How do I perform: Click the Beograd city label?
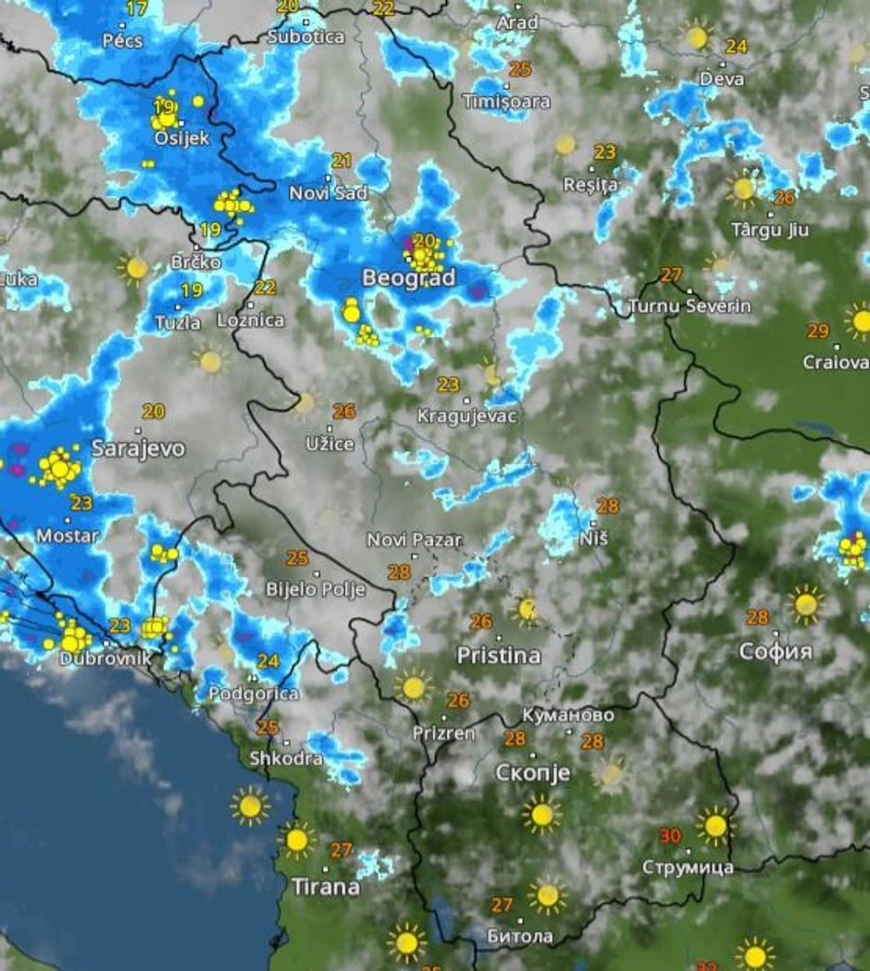(x=408, y=277)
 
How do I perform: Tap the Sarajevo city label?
(x=138, y=449)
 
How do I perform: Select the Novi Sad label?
(x=329, y=193)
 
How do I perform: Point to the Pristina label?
(x=499, y=656)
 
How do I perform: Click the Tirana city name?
(x=326, y=887)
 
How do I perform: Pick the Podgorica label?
(x=254, y=694)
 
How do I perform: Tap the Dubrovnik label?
(x=105, y=659)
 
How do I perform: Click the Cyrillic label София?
(x=776, y=652)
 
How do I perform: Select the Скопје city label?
(x=533, y=772)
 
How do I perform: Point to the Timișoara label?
(x=506, y=102)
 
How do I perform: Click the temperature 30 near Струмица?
(x=670, y=836)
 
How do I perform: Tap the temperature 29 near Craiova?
(x=817, y=331)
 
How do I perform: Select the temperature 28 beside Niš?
(x=608, y=506)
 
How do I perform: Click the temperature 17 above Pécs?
(x=136, y=9)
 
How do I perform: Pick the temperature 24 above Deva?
(x=737, y=45)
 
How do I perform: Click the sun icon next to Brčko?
(x=136, y=268)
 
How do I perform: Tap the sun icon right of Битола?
(x=547, y=895)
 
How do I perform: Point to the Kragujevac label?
(x=466, y=416)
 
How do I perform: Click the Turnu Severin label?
(x=689, y=306)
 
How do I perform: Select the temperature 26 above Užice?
(x=344, y=412)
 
